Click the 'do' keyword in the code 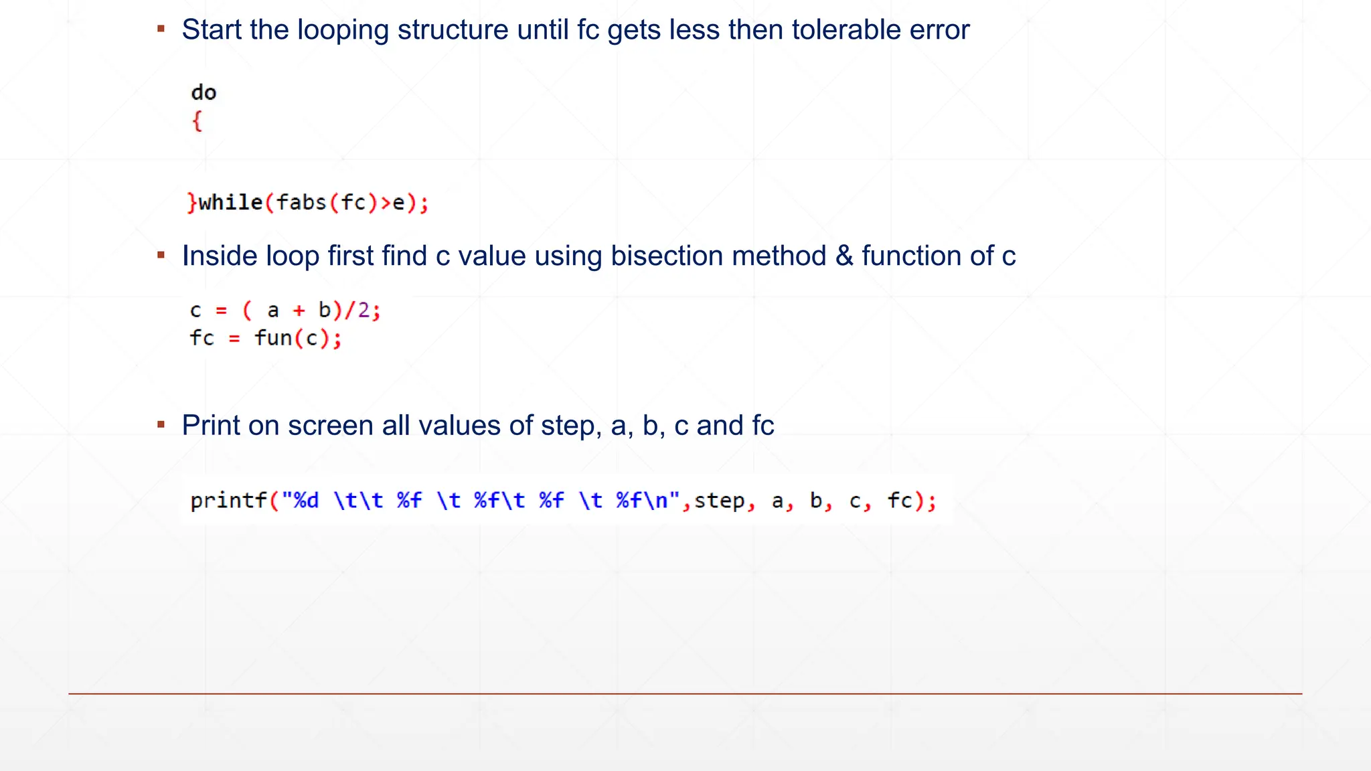tap(204, 92)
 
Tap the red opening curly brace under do tap(197, 121)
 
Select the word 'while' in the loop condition tap(230, 202)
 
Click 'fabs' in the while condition tap(301, 202)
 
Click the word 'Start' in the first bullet tap(211, 30)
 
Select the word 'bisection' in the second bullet tap(651, 256)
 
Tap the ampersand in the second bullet tap(843, 256)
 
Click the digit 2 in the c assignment tap(364, 311)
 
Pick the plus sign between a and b tap(299, 311)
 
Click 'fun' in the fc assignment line tap(273, 339)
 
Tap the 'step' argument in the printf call tap(720, 501)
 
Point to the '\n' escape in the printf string tap(655, 501)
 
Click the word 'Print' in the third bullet tap(211, 426)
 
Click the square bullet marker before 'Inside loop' tap(161, 255)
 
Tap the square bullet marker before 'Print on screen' tap(161, 424)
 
